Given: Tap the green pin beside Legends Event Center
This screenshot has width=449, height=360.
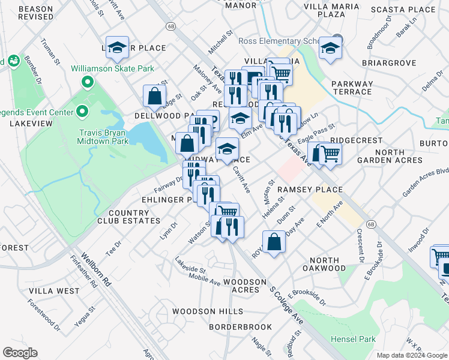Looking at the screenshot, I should point(82,112).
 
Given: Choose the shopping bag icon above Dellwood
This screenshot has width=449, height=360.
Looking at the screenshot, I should point(154,95).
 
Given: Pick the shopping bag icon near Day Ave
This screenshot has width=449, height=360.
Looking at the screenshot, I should point(274,242).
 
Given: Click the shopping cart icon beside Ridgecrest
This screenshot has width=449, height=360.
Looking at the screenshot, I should point(330,154).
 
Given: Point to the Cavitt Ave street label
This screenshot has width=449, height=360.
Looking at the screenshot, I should point(241,179).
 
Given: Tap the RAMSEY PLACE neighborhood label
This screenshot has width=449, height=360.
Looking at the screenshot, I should point(310,190).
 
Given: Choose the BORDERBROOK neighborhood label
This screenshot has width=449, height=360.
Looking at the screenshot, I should point(240,327).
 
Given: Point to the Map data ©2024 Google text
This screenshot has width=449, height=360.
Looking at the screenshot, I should point(411,355).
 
